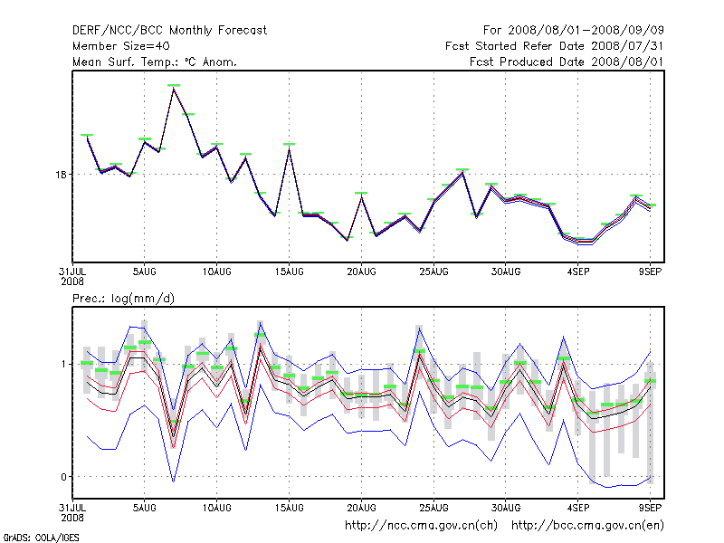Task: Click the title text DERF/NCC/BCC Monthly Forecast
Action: (x=169, y=30)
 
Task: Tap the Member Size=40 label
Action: (x=120, y=46)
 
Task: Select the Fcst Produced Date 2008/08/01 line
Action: (x=573, y=62)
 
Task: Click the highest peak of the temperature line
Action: (x=173, y=87)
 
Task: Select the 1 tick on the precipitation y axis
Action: (x=63, y=364)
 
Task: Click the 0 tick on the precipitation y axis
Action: (x=63, y=477)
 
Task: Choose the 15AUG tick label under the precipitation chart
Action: (x=289, y=508)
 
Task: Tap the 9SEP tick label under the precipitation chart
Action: (x=651, y=508)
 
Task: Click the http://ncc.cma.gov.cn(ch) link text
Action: (x=422, y=525)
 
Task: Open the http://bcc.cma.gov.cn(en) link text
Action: (x=588, y=525)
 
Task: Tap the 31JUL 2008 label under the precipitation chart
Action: (x=72, y=512)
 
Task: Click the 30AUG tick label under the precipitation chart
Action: (x=506, y=508)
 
